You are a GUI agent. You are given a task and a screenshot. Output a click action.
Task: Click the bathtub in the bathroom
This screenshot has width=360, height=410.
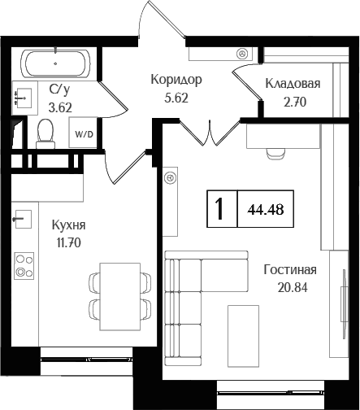56,62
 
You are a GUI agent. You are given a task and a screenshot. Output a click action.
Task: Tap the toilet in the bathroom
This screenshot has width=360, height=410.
46,130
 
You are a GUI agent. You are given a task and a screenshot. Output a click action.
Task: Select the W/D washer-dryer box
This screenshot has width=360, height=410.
83,133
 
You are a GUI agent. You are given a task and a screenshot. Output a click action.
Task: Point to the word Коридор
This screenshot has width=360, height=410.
176,80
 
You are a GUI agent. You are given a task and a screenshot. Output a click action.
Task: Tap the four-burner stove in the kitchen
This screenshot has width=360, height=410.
24,265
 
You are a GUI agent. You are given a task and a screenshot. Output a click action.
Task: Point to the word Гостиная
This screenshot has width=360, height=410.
290,271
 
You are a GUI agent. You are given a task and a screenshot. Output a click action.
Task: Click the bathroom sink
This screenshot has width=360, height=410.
22,98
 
